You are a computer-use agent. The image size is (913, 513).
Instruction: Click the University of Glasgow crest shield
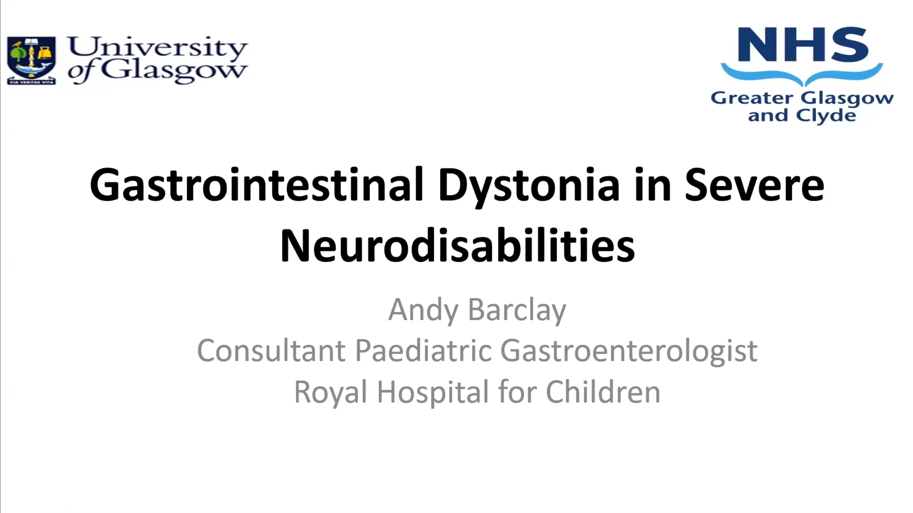(31, 60)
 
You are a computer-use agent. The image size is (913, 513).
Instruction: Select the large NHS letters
(802, 45)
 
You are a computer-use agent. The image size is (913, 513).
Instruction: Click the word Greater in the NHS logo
(752, 98)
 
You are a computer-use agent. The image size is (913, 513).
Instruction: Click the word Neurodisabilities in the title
(457, 245)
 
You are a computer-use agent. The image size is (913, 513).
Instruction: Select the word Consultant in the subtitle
(271, 350)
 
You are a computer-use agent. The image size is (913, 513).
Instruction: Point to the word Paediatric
(423, 350)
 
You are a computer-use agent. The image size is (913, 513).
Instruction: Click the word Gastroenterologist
(629, 350)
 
